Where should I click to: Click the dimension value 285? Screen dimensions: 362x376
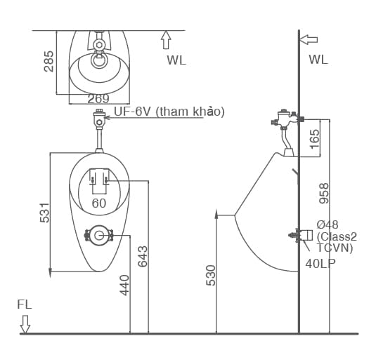click(x=48, y=62)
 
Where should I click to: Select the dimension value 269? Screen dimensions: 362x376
click(x=98, y=99)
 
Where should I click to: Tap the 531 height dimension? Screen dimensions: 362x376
click(x=44, y=213)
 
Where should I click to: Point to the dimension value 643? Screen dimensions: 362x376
click(x=143, y=255)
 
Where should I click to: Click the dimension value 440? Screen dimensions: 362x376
click(x=124, y=284)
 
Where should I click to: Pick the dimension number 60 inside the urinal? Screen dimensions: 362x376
click(x=98, y=203)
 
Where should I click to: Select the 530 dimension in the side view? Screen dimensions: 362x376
click(x=211, y=274)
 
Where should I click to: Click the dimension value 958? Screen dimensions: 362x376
click(x=324, y=193)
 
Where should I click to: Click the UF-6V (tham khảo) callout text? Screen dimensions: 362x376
click(x=169, y=112)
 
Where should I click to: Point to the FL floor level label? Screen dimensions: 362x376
click(x=25, y=305)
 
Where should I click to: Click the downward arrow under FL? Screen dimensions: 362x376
click(x=25, y=323)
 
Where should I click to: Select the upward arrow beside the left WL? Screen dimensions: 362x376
click(x=166, y=38)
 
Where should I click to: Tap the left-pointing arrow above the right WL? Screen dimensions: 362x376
click(x=309, y=39)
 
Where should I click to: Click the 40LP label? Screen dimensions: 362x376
click(x=320, y=264)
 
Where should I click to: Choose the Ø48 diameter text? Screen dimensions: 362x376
click(x=328, y=224)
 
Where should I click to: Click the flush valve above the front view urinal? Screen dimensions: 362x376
click(x=99, y=119)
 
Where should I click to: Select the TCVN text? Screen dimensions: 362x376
click(x=335, y=248)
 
